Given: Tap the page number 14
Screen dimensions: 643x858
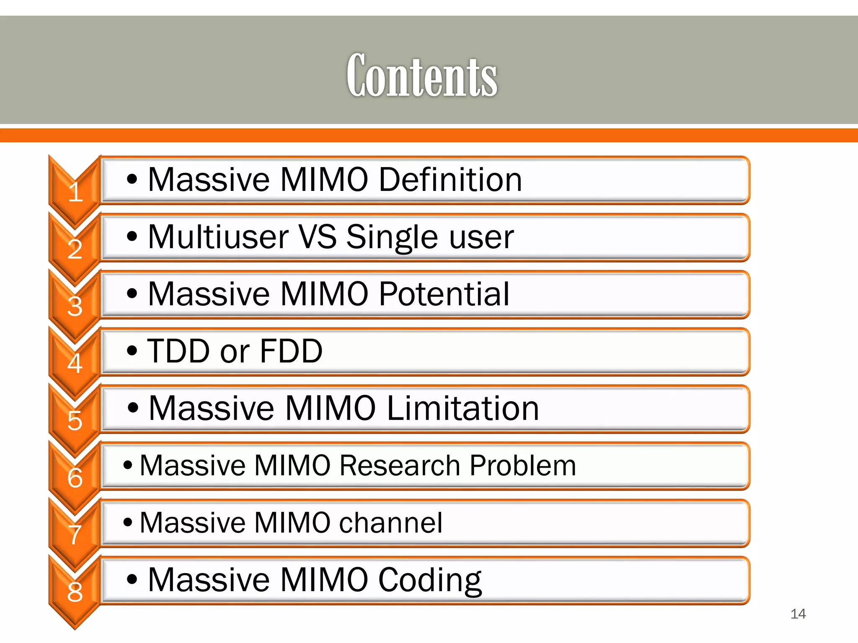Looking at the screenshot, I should (x=798, y=614).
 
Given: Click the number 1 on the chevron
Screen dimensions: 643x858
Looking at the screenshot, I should (x=75, y=192).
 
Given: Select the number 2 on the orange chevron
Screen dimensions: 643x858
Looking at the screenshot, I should (x=75, y=249).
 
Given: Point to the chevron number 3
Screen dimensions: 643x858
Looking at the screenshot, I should (x=75, y=306).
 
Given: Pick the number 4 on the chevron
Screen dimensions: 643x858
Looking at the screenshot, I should (x=75, y=363).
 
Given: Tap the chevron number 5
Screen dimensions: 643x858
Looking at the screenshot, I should (x=75, y=420).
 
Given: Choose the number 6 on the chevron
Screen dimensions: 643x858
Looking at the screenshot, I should (x=75, y=478).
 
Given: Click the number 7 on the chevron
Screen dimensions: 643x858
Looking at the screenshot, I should (x=75, y=535).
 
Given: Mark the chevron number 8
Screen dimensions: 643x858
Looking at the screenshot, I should (x=75, y=592).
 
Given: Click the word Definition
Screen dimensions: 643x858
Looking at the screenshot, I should (x=450, y=180).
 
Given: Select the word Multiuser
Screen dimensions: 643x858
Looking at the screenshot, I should (x=218, y=237).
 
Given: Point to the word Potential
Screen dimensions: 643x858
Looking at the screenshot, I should (x=444, y=294).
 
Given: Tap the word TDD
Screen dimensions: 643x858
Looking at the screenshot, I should (x=178, y=351).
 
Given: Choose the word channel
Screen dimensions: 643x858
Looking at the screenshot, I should (x=390, y=522).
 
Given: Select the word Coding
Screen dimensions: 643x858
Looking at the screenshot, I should (x=430, y=581).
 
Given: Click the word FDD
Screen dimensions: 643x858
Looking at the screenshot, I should (x=291, y=351).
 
